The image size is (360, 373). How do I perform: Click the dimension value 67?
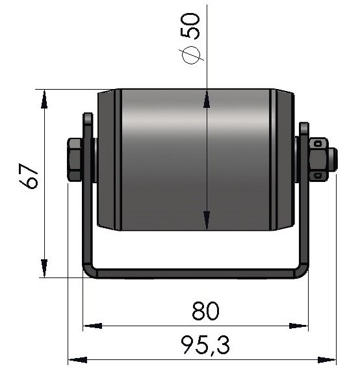click(x=29, y=177)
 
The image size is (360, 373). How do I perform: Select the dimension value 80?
click(x=205, y=311)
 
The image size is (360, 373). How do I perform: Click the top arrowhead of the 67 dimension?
click(x=44, y=97)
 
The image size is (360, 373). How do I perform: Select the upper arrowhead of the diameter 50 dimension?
click(x=206, y=97)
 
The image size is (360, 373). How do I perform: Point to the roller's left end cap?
click(x=107, y=160)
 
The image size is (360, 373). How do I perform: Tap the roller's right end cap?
click(x=285, y=160)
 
